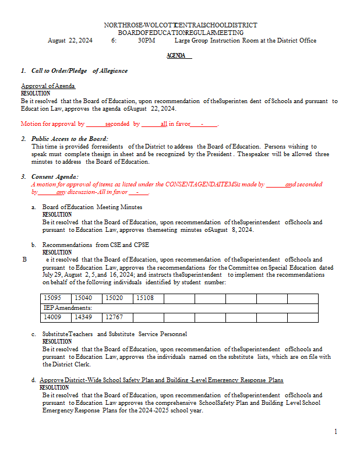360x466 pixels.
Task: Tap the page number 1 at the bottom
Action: tap(336, 432)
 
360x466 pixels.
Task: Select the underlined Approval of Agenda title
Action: tap(48, 86)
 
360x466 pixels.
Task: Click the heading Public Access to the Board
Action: tap(70, 139)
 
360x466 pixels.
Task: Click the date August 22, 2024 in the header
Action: tap(70, 41)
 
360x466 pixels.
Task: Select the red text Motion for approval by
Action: tap(52, 124)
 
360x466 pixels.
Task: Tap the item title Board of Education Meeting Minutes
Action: tap(92, 207)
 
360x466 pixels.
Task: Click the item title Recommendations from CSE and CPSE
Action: tap(96, 245)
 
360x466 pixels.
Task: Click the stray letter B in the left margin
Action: tap(24, 260)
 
